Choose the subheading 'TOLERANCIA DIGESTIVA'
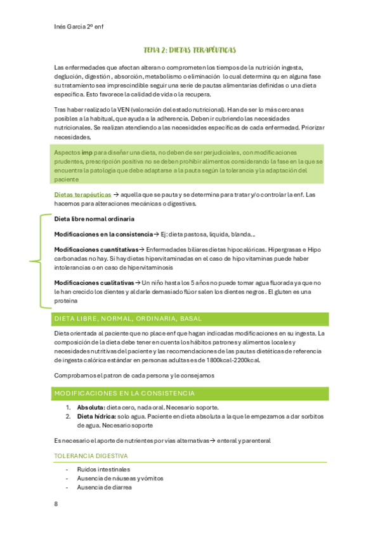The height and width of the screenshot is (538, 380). pos(91,456)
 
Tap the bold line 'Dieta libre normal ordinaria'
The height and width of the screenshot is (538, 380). pos(94,219)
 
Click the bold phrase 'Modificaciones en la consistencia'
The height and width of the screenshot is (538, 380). pos(103,234)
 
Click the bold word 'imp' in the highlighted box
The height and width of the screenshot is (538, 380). pos(88,154)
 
